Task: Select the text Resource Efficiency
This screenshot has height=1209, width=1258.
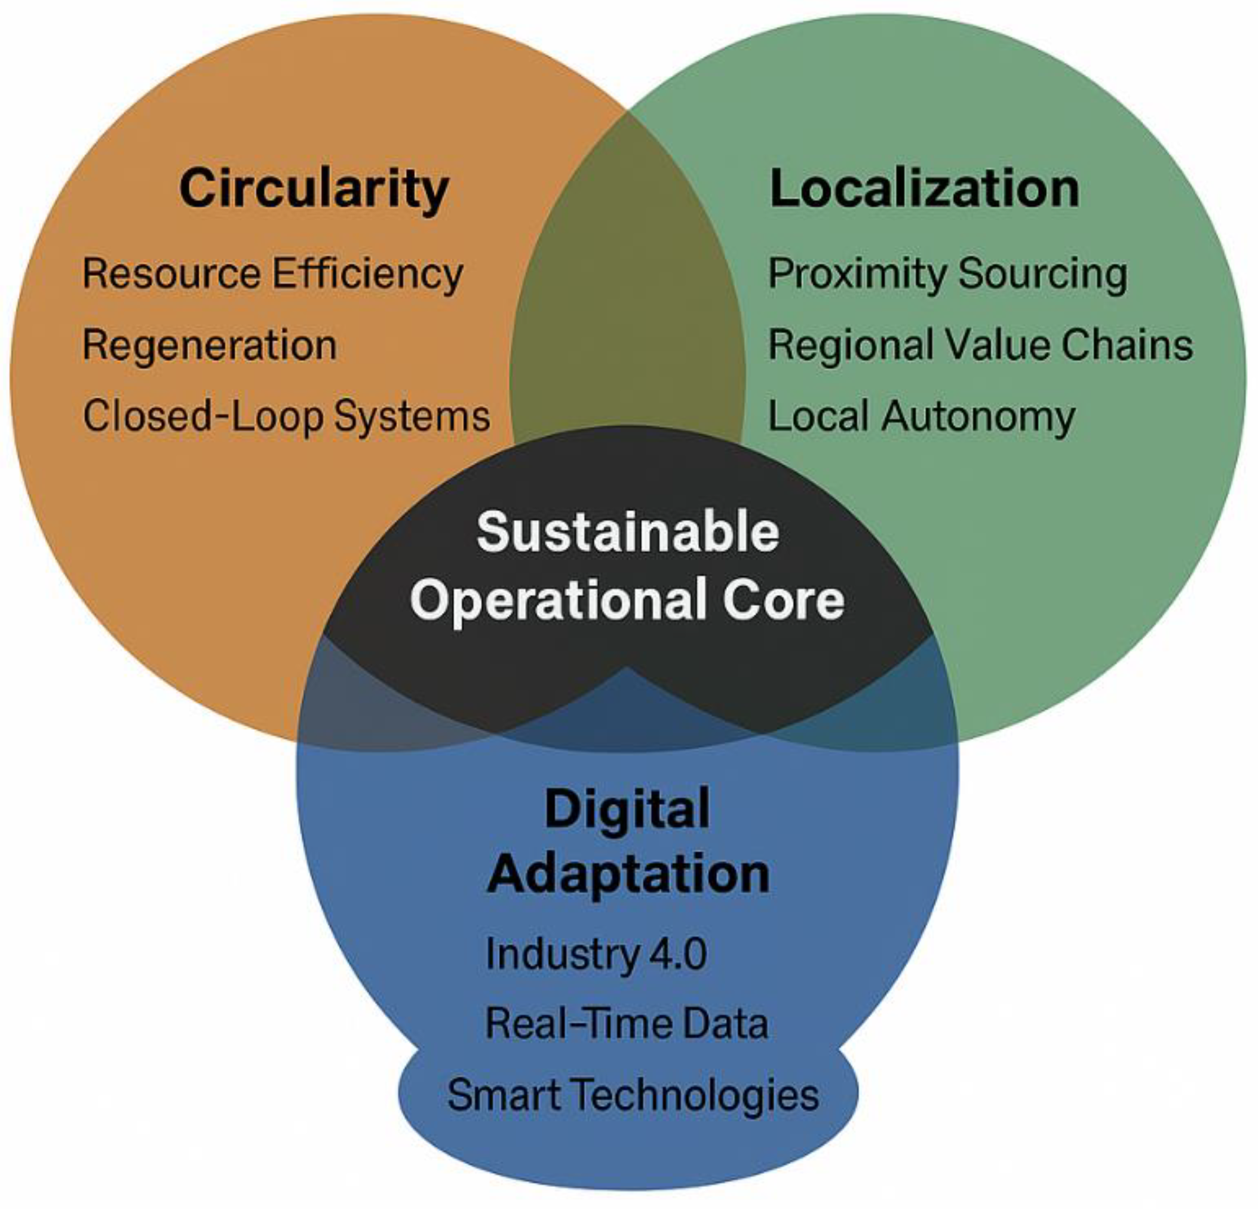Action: point(273,274)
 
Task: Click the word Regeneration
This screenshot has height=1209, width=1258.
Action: point(210,345)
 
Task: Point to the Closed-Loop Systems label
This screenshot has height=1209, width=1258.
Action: point(286,416)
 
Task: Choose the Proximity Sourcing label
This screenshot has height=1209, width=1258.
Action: point(947,274)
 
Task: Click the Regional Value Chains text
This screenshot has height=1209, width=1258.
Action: point(980,345)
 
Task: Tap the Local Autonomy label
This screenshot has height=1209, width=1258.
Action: point(921,416)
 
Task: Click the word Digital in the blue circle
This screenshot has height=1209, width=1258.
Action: point(627,809)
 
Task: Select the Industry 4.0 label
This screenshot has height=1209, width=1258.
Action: point(596,954)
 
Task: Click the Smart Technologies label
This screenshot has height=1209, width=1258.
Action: point(633,1095)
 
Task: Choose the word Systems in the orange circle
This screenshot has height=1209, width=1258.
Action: point(412,416)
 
